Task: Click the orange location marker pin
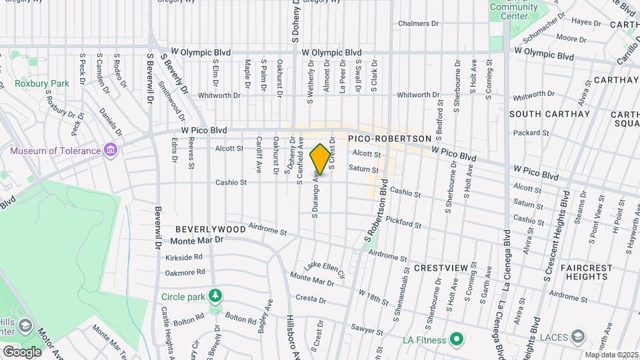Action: point(320,159)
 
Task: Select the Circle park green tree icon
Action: point(215,295)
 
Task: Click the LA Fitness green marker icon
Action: point(457,340)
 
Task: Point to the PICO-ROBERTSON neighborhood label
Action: point(390,138)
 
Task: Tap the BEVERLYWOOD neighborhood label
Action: point(211,229)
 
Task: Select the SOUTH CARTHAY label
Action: point(549,114)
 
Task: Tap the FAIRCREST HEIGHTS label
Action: point(586,272)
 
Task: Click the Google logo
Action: point(21,351)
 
